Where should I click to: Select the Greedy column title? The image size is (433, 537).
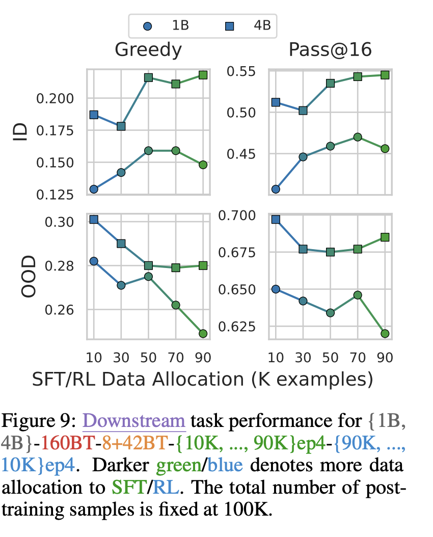pos(148,50)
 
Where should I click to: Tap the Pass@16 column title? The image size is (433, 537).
pos(330,50)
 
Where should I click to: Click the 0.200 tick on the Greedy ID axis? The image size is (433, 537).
pos(56,98)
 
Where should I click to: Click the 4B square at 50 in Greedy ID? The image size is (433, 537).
pos(148,77)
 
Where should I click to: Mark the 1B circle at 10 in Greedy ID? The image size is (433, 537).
pos(94,189)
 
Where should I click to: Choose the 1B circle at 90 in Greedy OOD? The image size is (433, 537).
pos(203,333)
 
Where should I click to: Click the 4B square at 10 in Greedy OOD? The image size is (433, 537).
pos(94,219)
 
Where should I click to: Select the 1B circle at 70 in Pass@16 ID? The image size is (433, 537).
pos(358,137)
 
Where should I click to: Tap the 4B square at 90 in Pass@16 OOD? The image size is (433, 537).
pos(385,237)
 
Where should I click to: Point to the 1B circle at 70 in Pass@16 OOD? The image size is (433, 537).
pos(358,295)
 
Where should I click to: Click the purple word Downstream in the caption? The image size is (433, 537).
pos(134,421)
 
